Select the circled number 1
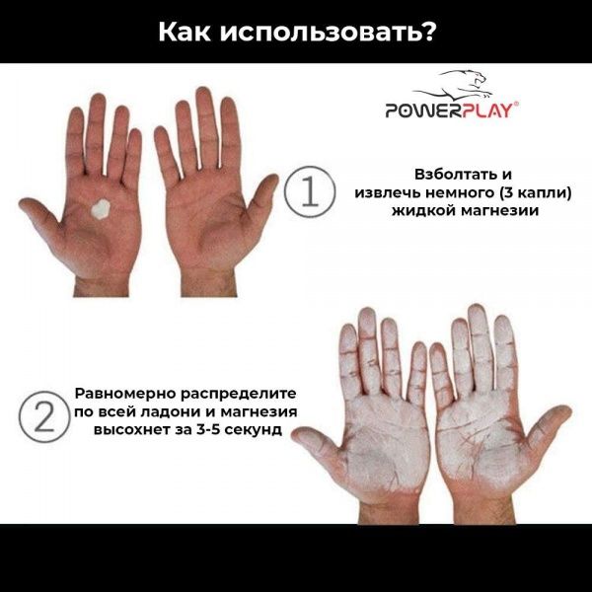point(307,192)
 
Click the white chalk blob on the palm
point(99,210)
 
